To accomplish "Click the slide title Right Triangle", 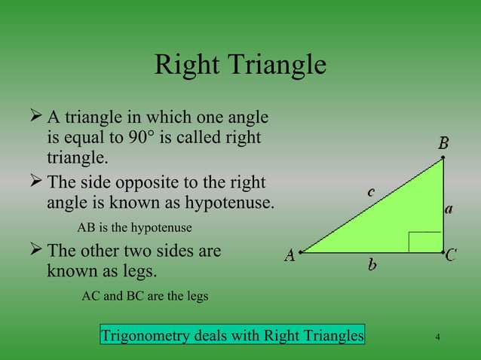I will click(x=240, y=66).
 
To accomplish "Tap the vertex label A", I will click(x=289, y=256).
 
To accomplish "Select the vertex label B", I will click(x=444, y=142).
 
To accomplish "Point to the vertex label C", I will click(x=451, y=256).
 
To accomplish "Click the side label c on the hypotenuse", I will click(x=371, y=193).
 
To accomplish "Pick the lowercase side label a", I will click(x=449, y=210).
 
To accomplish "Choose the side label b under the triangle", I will click(x=372, y=264).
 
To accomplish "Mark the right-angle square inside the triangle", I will click(x=424, y=242).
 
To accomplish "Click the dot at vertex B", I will click(x=443, y=157).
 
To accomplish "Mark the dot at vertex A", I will click(x=300, y=252).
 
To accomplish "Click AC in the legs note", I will click(x=90, y=296).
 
